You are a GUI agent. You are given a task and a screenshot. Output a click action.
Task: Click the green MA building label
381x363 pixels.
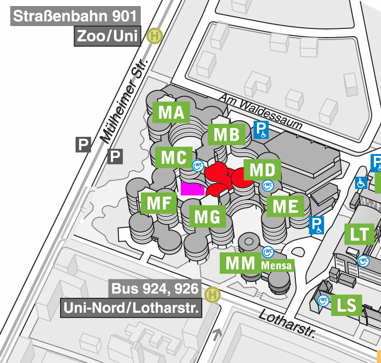(x=171, y=113)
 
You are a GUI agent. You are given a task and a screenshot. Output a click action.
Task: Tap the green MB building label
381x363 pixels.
(x=226, y=134)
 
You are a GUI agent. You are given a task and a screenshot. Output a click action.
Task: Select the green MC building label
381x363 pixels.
(x=174, y=158)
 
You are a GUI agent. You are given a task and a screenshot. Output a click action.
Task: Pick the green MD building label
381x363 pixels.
(x=262, y=170)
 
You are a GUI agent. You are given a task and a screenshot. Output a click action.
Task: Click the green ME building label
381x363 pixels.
(x=286, y=206)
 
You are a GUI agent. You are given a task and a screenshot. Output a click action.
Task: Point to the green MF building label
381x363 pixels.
(x=158, y=203)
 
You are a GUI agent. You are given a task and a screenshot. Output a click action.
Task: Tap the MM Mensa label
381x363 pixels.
(x=258, y=264)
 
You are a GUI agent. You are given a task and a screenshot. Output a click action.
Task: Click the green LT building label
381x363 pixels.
(x=359, y=235)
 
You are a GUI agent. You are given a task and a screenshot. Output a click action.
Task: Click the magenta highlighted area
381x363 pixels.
(x=193, y=189)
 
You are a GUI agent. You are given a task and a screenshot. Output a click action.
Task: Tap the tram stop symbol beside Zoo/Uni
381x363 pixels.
(x=153, y=36)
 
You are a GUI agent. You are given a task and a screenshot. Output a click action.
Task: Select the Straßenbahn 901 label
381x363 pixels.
(x=75, y=17)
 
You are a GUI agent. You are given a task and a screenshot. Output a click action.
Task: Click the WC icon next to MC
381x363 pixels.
(x=199, y=165)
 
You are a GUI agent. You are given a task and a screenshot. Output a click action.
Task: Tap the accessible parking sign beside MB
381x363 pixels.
(x=261, y=130)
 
